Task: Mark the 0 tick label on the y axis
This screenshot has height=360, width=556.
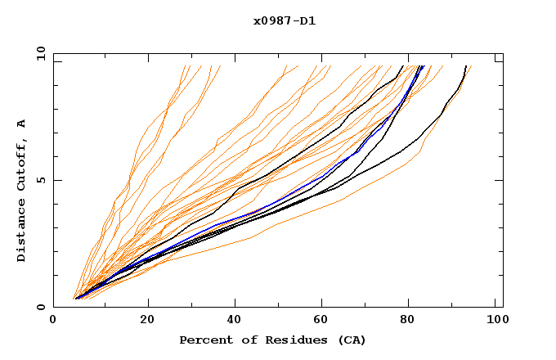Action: [x=40, y=308]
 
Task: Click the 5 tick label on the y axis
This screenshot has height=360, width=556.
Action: [x=40, y=180]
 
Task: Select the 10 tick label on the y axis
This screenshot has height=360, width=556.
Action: [x=38, y=53]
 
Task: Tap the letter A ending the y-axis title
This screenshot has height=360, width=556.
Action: [x=22, y=124]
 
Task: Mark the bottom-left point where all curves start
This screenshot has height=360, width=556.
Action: [x=75, y=298]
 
